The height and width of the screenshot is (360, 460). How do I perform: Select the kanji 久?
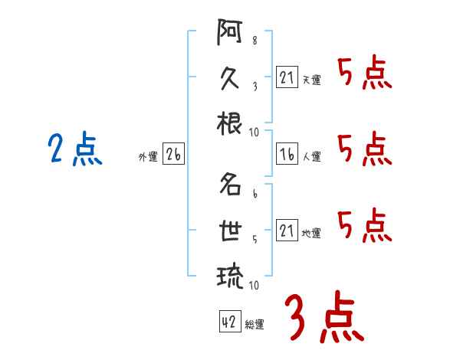tap(230, 79)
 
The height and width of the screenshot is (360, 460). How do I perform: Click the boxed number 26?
tap(173, 155)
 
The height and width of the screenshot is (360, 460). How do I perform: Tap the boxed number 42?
tap(228, 322)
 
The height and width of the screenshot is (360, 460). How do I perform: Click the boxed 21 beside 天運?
tap(286, 78)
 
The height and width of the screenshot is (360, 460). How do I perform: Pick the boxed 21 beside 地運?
tap(286, 231)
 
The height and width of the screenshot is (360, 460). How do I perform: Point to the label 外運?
tap(148, 156)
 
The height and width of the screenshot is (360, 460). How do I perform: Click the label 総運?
tap(255, 324)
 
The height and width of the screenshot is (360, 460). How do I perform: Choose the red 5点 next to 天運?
tap(365, 75)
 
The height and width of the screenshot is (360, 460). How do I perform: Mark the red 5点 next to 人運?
tap(365, 149)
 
